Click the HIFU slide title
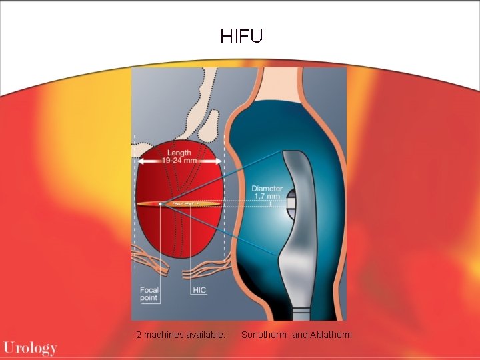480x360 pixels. pos(241,36)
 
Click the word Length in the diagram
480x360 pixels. pos(179,153)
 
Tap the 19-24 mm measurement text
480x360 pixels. pos(179,161)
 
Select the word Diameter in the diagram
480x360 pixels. pos(267,189)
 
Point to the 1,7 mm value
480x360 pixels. pos(267,197)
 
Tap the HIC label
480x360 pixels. pos(199,290)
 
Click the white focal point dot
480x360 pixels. pos(161,203)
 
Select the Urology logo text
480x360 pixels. pos(30,347)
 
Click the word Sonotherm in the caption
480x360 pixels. pos(265,334)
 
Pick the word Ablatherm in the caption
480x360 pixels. pos(331,334)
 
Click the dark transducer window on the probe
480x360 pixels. pos(291,203)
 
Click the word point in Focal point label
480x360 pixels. pos(149,298)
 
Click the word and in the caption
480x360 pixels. pos(300,334)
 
